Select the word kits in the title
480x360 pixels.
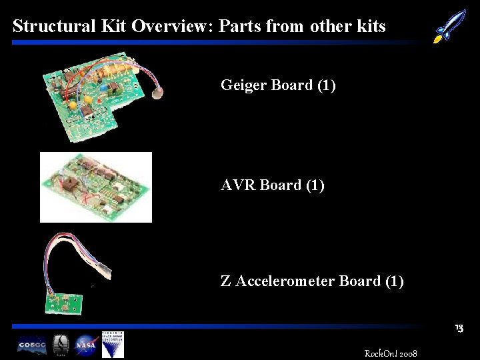coord(371,26)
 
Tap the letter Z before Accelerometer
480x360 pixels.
coord(225,281)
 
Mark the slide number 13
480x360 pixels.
coord(459,329)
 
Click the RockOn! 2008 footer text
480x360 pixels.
coord(391,352)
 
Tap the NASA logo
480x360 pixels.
coord(87,346)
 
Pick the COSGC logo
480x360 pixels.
coord(32,346)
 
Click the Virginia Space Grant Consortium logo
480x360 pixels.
coord(113,345)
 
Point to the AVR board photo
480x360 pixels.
coord(96,187)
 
